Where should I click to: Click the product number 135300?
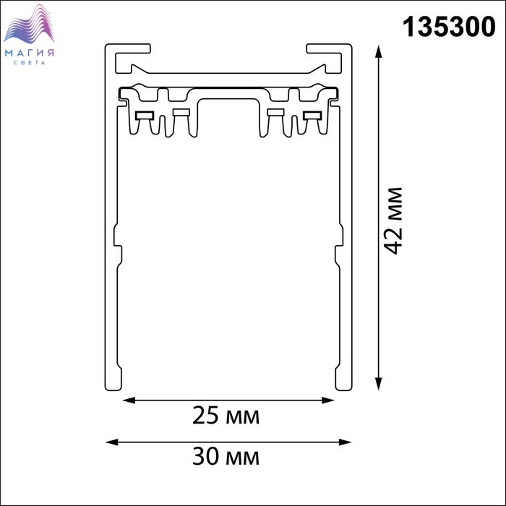(449, 27)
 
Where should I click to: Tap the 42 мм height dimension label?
(393, 220)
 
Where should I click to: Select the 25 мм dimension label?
(226, 416)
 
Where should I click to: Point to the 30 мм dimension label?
(226, 456)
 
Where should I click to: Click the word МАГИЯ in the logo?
(30, 53)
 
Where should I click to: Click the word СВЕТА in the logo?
(30, 63)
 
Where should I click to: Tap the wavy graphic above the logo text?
(29, 24)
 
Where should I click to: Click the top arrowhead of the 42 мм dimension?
(379, 51)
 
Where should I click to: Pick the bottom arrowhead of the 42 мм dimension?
(379, 384)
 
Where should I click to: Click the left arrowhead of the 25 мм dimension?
(129, 400)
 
